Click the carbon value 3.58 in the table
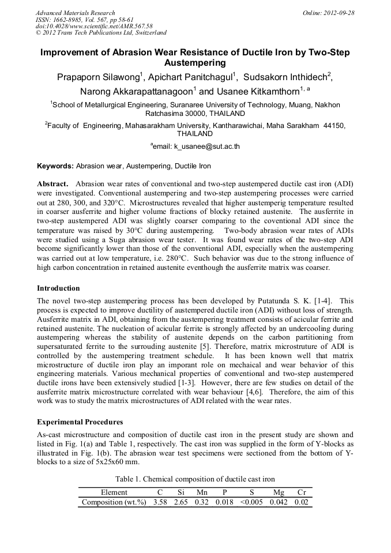pos(160,502)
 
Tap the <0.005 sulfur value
pos(250,502)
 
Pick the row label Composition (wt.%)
pos(114,502)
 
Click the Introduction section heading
pos(58,288)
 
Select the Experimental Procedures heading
pos(80,422)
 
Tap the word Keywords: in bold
pos(55,166)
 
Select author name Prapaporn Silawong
pos(98,78)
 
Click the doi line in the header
pos(94,26)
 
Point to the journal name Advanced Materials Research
pos(75,13)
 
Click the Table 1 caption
pos(195,479)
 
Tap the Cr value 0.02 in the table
pos(301,502)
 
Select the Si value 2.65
pos(182,502)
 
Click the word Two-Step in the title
pos(326,52)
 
